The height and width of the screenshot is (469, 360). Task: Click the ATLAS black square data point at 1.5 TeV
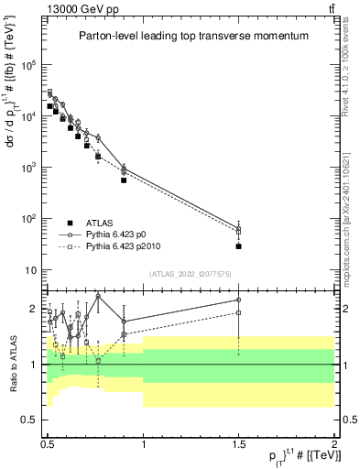(238, 245)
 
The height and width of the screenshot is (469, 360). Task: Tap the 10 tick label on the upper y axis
(34, 270)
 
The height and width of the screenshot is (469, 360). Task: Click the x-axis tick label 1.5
(238, 442)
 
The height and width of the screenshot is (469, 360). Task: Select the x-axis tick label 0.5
(48, 442)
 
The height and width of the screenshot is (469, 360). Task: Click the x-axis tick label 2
(333, 442)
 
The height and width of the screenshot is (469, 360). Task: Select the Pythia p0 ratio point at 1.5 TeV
(238, 300)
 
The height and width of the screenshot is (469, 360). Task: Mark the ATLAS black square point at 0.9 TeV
(124, 180)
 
